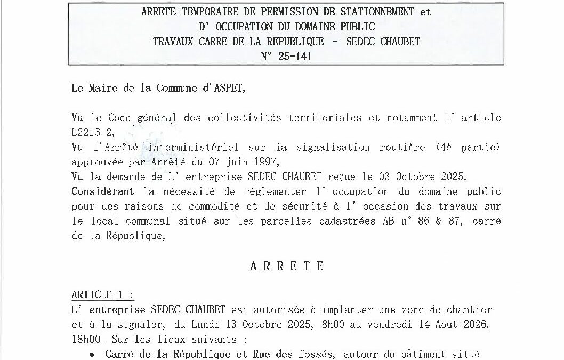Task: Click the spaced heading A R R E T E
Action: pos(286,266)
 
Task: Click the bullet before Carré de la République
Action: pos(93,354)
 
